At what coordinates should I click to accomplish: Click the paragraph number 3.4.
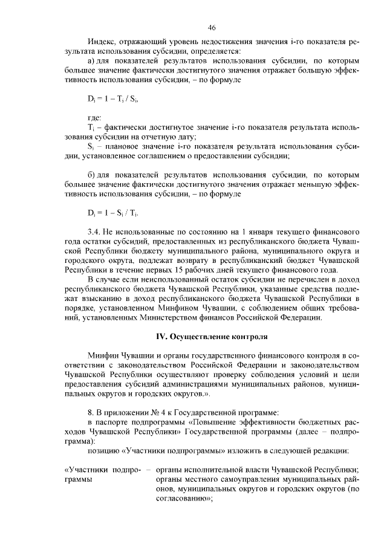pyautogui.click(x=94, y=232)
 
